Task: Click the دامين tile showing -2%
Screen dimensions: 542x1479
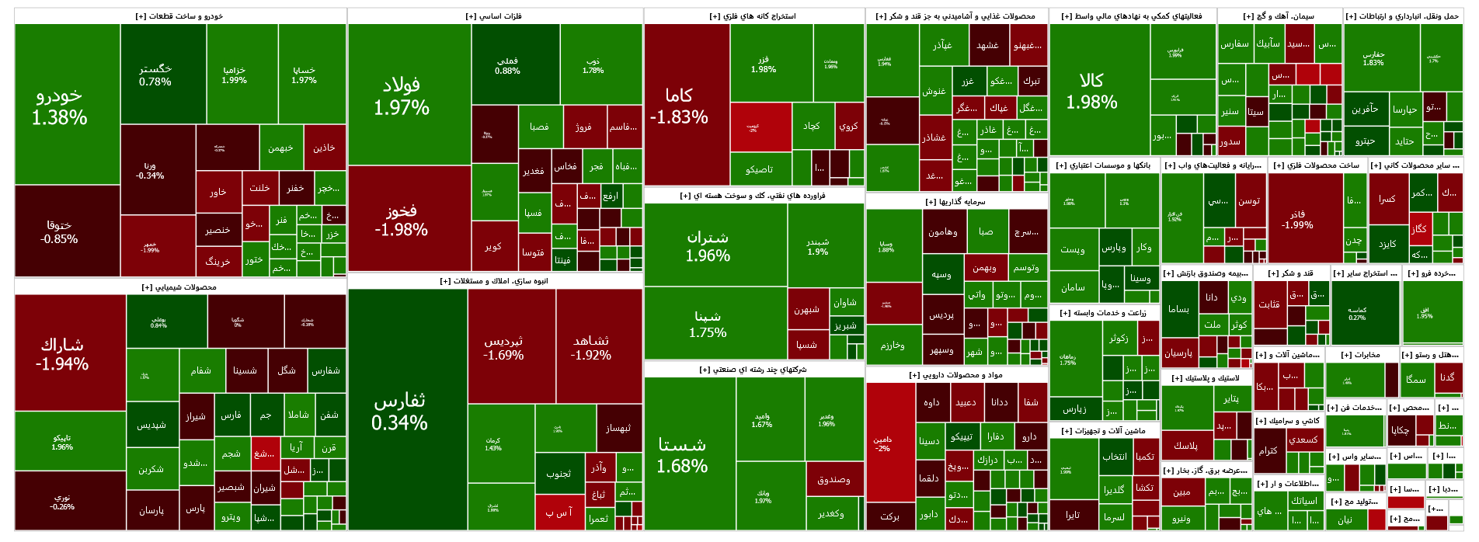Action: pyautogui.click(x=890, y=443)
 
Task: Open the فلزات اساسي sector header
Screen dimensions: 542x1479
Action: pyautogui.click(x=495, y=16)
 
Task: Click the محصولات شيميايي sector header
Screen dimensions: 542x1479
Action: pyautogui.click(x=180, y=287)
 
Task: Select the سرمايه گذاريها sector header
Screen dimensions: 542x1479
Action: pyautogui.click(x=956, y=202)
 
